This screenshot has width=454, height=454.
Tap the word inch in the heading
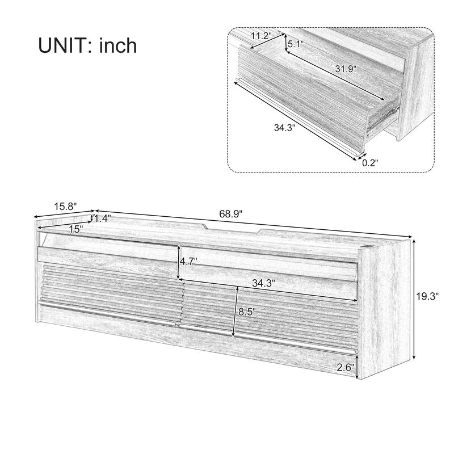pyautogui.click(x=118, y=45)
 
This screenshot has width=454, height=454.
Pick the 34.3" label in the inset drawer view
pyautogui.click(x=285, y=128)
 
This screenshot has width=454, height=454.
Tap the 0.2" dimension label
pyautogui.click(x=369, y=162)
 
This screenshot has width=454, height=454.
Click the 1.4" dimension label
pyautogui.click(x=103, y=218)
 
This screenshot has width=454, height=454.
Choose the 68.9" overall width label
pyautogui.click(x=231, y=214)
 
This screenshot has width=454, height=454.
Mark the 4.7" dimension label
pyautogui.click(x=188, y=262)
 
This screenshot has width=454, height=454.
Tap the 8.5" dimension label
pyautogui.click(x=247, y=312)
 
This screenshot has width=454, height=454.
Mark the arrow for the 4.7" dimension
pyautogui.click(x=179, y=262)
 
